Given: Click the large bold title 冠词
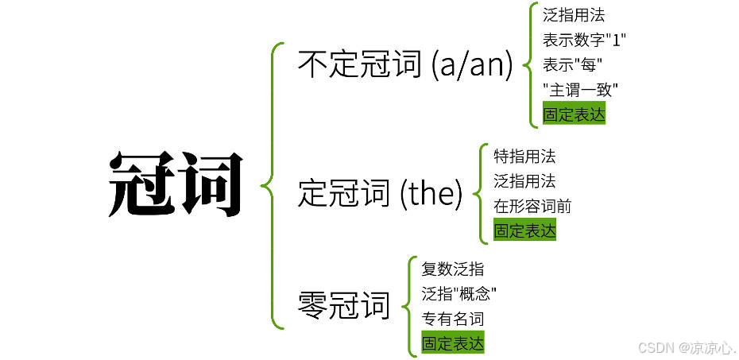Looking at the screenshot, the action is (175, 184).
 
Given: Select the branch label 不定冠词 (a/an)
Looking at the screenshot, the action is (405, 64).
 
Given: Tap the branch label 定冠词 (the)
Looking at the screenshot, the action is (380, 192).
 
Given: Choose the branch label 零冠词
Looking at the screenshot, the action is (344, 304).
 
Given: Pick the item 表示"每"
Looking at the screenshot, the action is (572, 64).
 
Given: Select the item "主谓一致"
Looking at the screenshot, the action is (580, 89).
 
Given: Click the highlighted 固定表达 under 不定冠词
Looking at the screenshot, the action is (574, 114).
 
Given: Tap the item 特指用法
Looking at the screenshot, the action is (524, 156).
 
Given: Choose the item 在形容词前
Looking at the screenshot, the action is (532, 206).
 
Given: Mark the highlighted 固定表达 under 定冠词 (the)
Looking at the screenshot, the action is (524, 231).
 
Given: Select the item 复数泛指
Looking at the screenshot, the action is (452, 269).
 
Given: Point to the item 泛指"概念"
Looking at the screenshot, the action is (459, 293).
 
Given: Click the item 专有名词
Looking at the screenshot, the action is (452, 319).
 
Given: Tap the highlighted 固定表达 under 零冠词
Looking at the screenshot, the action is (452, 343).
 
